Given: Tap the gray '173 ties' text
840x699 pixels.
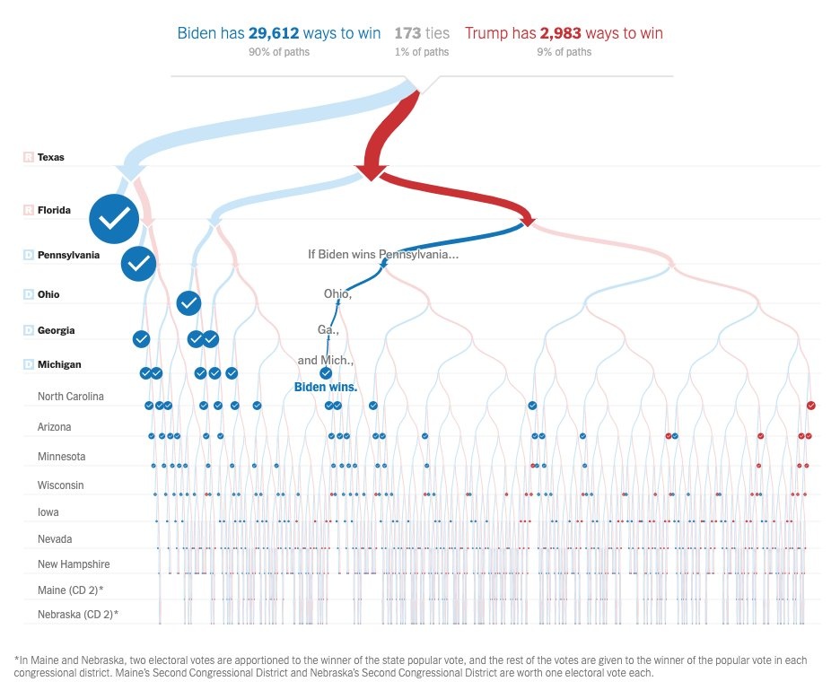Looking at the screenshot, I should (422, 33).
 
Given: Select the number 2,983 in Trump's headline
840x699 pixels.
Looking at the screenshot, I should (560, 33).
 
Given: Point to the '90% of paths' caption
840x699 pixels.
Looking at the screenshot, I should (279, 52).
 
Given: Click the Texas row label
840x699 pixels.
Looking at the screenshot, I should (51, 157).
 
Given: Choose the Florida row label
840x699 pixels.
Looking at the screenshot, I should (54, 211).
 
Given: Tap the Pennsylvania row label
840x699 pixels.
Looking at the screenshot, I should (68, 255).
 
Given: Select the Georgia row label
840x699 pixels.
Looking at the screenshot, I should (56, 330).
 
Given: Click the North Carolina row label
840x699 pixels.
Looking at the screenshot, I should (71, 397).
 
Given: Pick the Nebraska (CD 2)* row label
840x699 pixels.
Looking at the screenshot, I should (78, 615).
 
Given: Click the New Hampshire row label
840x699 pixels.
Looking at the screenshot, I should (74, 564).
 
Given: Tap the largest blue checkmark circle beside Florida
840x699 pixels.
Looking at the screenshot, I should (114, 218).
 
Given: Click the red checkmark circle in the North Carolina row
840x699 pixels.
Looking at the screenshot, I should (811, 406).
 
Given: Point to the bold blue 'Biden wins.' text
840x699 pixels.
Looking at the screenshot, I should (326, 388).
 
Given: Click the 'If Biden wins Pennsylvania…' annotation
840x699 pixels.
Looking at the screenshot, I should (383, 255).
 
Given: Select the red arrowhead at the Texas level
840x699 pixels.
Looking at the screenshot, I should (370, 172).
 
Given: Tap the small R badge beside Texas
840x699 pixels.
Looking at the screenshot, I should (28, 157).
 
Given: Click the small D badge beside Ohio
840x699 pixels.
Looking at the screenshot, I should (28, 294).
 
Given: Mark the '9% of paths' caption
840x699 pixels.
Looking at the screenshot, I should (564, 52).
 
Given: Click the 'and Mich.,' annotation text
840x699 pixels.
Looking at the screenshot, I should (326, 361).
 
